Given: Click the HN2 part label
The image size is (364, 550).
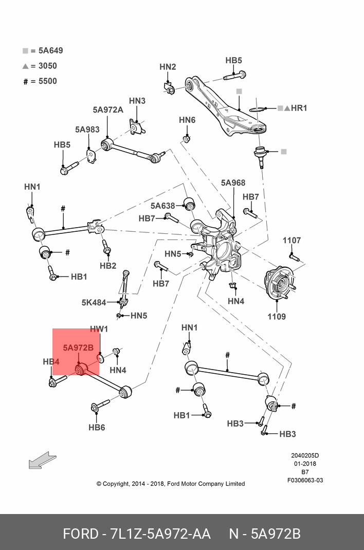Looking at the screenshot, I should (x=168, y=67).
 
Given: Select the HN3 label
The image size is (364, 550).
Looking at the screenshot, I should (x=137, y=101).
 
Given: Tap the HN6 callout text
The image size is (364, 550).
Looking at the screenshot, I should (x=187, y=120).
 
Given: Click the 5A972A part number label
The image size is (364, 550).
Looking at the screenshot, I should (x=108, y=109).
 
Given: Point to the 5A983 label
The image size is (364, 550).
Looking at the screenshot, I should (x=87, y=130).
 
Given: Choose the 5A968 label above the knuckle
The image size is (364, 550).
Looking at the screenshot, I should (x=233, y=182).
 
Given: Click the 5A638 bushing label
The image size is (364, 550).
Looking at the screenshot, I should (x=163, y=206).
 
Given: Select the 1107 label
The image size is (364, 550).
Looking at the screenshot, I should (x=292, y=240).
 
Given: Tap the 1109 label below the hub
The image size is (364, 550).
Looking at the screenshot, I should (x=277, y=316).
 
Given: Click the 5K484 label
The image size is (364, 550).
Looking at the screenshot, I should (x=94, y=302).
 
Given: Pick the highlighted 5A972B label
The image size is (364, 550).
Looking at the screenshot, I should (x=78, y=347).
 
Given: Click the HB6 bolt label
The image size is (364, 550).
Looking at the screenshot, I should (x=97, y=427).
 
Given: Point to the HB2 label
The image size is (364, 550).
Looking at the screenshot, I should (x=108, y=266).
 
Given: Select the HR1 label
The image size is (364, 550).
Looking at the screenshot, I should (x=299, y=108).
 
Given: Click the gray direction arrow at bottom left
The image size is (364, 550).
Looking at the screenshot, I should (x=42, y=460).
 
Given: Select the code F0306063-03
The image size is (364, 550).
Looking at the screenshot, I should (x=305, y=481).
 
